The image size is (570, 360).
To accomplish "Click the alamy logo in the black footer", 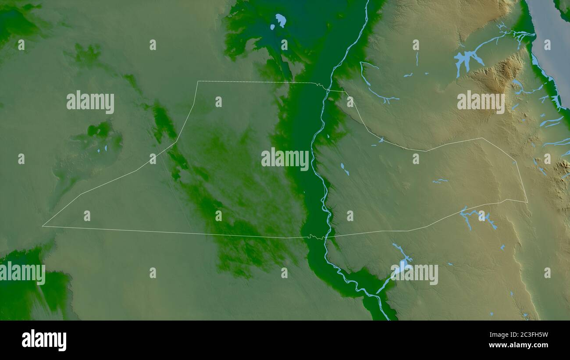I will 44,340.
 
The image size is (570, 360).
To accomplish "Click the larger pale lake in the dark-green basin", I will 281,19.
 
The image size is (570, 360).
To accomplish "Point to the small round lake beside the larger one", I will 272,27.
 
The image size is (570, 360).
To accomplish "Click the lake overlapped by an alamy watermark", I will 401,266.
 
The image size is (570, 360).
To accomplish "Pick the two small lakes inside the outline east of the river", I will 344,169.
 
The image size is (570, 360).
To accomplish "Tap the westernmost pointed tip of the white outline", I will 43,226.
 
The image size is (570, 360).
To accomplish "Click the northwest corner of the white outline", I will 198,81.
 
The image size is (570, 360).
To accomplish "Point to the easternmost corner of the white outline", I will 527,202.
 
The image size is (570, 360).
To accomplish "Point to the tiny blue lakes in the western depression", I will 102,149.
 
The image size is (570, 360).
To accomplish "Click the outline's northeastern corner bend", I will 482,138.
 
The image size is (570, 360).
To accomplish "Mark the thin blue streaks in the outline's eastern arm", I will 440,181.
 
